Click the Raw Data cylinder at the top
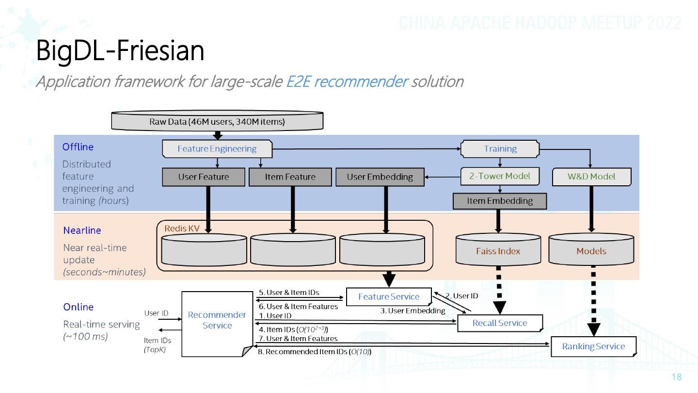click(217, 120)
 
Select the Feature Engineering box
click(217, 149)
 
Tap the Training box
click(500, 149)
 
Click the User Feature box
click(204, 177)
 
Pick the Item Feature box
click(290, 177)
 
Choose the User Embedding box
click(380, 177)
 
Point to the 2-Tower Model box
click(500, 176)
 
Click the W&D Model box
click(591, 177)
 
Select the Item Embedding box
click(499, 201)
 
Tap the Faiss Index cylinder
click(498, 249)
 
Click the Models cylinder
click(591, 249)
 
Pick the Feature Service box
click(389, 296)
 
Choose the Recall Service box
click(500, 323)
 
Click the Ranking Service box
click(593, 346)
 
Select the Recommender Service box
click(217, 324)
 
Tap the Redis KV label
click(182, 229)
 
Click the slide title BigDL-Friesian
click(120, 50)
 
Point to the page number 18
click(677, 377)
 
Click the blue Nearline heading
click(82, 230)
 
